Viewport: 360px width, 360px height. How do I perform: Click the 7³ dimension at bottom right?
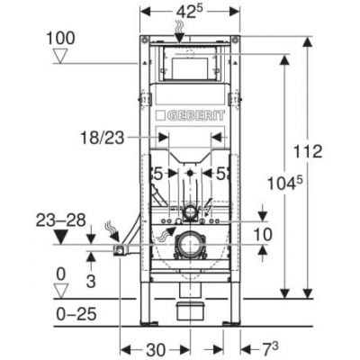271,347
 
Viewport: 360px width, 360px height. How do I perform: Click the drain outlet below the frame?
192,312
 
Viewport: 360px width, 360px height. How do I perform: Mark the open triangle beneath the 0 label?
59,288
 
